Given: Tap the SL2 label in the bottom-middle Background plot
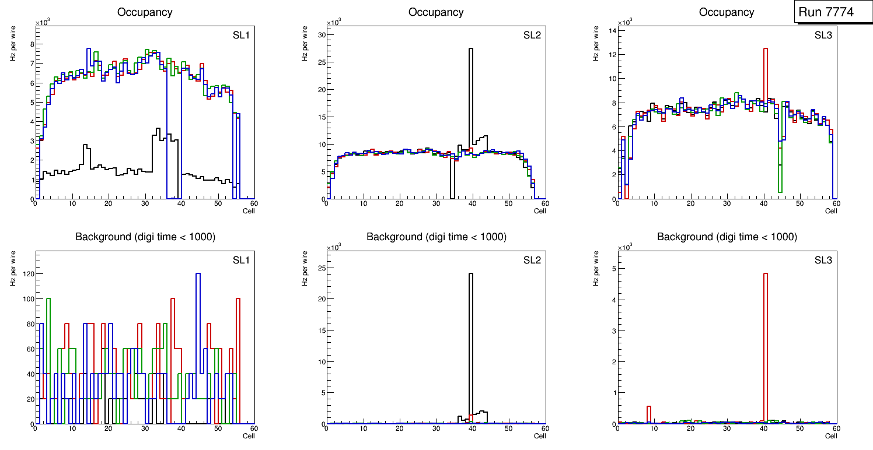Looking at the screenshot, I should pos(532,259).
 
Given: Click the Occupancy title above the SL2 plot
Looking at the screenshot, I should pos(436,12).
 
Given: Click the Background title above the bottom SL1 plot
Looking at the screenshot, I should pos(145,237).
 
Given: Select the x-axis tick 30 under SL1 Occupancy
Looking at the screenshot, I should pos(145,204).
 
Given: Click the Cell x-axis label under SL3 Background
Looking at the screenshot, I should pos(831,436).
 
